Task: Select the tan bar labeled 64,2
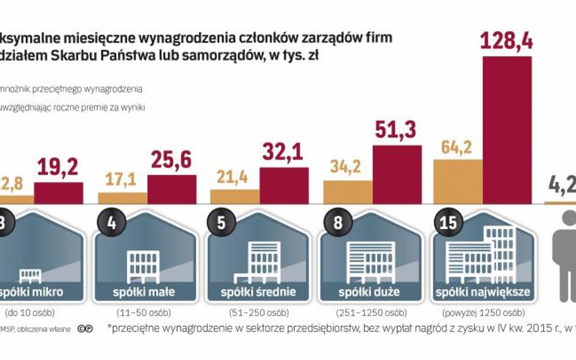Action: click(x=457, y=181)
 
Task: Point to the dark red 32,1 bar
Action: click(x=284, y=185)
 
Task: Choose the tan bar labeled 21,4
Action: click(x=235, y=195)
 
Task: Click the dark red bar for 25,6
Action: click(x=171, y=189)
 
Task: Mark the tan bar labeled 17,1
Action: click(x=122, y=197)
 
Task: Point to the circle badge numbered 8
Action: click(x=333, y=221)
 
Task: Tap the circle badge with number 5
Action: click(x=221, y=221)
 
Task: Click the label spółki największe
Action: click(x=483, y=292)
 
